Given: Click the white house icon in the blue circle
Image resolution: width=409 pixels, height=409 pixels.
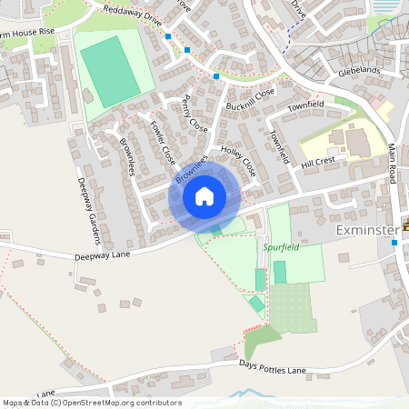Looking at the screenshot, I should (x=204, y=196).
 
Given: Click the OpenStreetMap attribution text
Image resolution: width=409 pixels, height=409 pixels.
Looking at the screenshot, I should (x=91, y=403).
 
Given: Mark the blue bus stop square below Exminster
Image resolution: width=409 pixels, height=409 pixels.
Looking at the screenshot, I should (x=394, y=243).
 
